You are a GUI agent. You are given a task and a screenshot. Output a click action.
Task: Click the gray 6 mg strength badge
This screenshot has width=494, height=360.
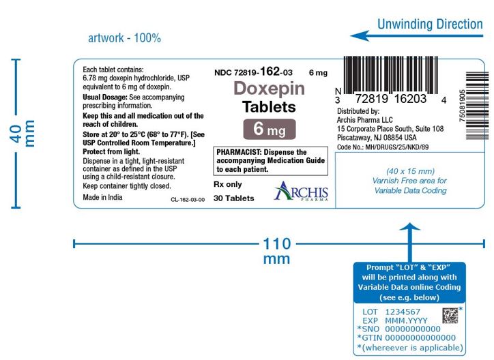(270, 129)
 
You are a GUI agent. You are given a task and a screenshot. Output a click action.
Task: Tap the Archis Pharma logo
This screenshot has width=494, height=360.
(301, 192)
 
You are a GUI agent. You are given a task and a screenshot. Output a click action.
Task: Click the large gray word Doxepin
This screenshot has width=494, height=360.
(270, 88)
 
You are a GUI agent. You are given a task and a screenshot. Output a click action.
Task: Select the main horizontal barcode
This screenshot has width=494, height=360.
(390, 76)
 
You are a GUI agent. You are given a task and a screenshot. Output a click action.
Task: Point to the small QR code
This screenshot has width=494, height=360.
(450, 316)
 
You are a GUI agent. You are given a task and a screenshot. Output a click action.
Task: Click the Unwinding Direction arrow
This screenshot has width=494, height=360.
(416, 35)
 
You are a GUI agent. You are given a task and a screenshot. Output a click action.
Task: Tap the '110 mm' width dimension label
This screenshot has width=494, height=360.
(276, 251)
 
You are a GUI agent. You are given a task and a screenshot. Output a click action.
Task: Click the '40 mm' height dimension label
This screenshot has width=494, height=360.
(23, 134)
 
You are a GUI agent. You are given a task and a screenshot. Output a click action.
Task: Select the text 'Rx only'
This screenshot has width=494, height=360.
(228, 184)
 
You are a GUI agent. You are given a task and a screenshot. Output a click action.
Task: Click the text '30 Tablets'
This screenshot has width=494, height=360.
(234, 198)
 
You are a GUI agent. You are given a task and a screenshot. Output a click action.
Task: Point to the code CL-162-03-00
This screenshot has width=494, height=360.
(188, 200)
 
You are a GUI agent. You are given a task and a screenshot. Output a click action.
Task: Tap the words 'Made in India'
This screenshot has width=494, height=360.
(102, 197)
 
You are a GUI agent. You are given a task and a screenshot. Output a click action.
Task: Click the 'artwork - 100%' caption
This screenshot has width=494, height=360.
(124, 38)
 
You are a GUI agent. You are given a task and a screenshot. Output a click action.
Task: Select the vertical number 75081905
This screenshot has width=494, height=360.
(462, 106)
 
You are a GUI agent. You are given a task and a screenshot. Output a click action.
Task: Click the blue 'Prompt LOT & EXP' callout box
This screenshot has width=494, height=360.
(409, 282)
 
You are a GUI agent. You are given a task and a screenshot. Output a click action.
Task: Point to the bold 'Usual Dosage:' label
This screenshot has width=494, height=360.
(105, 97)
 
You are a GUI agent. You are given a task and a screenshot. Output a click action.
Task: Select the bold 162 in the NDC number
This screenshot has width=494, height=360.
(270, 71)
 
